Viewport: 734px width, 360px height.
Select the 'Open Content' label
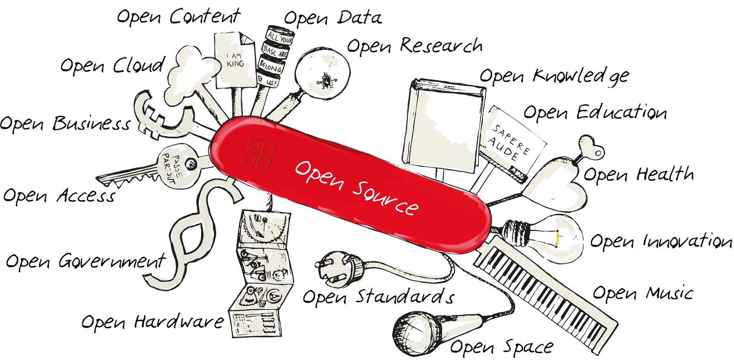tap(178, 16)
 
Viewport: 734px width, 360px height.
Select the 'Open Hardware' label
tap(153, 322)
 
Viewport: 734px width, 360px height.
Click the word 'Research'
tap(441, 45)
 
